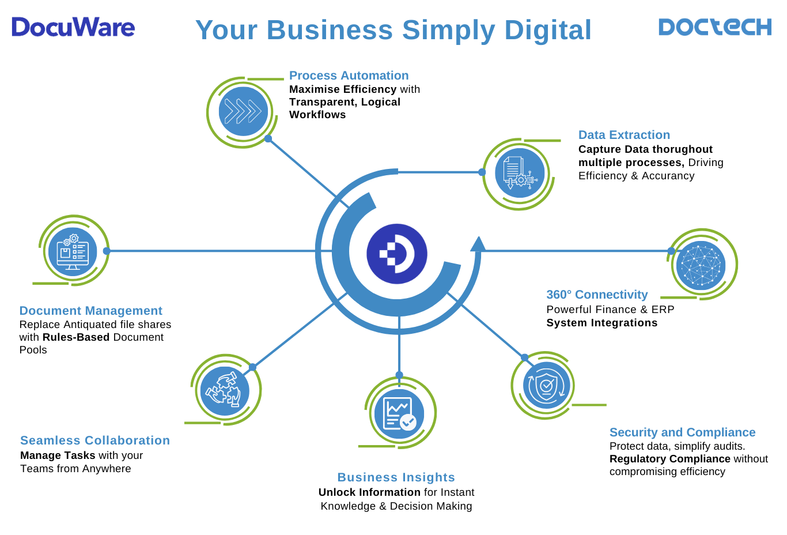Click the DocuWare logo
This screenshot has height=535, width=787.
(x=73, y=27)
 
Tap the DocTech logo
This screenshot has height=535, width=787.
(x=714, y=27)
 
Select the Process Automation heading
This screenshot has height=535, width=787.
(x=349, y=76)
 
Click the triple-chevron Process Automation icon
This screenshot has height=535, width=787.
(x=243, y=111)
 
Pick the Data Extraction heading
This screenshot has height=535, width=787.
(x=624, y=135)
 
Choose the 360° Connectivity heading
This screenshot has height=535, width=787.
(x=597, y=295)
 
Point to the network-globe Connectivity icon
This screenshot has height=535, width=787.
(x=701, y=265)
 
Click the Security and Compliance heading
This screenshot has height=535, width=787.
(x=682, y=432)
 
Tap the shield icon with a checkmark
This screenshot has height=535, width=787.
(x=546, y=385)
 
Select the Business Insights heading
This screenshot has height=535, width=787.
(x=396, y=477)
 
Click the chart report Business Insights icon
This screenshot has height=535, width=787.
(x=399, y=413)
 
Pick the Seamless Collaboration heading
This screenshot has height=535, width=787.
(x=95, y=440)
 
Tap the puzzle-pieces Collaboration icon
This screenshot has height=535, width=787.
(x=225, y=390)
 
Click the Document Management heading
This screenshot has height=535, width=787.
(x=90, y=311)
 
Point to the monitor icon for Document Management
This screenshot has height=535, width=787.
(x=73, y=251)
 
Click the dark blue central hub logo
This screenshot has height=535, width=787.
(x=397, y=254)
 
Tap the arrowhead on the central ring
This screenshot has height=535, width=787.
(x=478, y=244)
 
